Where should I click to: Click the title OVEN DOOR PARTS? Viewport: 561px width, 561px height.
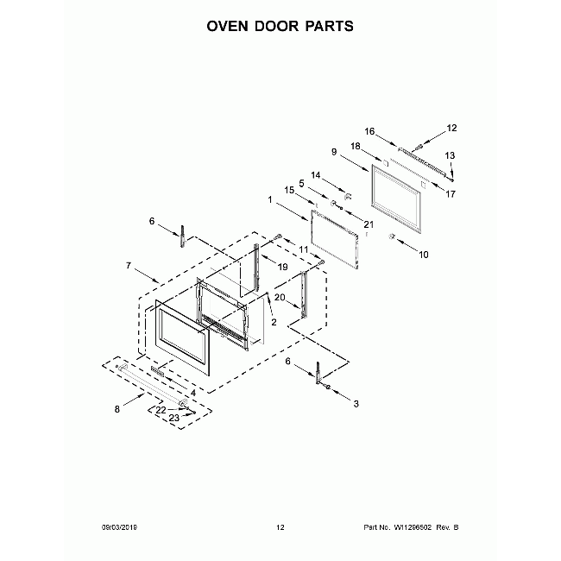point(280,26)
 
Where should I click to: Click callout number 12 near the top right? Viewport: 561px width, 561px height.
point(451,129)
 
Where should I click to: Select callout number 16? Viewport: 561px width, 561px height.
point(369,132)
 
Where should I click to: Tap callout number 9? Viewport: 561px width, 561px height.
point(333,153)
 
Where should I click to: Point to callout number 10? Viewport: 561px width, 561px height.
point(423,255)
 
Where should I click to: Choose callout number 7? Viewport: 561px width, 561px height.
point(129,267)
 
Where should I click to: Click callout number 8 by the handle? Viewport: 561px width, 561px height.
point(117,410)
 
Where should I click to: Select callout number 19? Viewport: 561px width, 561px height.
point(282,268)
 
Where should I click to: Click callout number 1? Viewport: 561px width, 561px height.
point(270,200)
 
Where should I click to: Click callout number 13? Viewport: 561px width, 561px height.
point(450,155)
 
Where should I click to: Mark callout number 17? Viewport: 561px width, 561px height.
point(450,194)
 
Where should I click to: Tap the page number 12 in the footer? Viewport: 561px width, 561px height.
point(280,527)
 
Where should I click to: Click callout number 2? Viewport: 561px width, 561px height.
point(274,322)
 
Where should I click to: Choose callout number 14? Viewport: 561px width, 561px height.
point(315,175)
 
